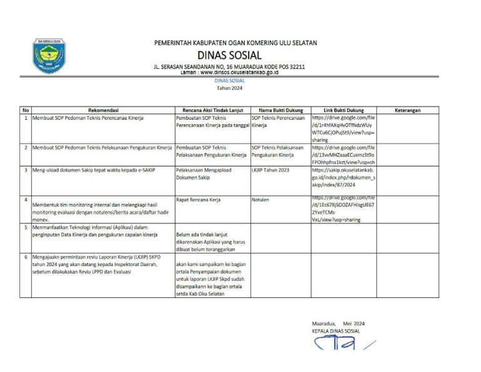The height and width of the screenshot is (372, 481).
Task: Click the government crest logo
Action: tap(49, 56)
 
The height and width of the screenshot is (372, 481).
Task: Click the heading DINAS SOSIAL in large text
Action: tap(229, 55)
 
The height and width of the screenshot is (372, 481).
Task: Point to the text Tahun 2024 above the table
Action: tap(229, 90)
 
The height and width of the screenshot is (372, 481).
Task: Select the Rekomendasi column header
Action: tap(99, 110)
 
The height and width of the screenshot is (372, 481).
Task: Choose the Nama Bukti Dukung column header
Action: tap(280, 110)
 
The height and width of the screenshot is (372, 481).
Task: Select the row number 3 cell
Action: tap(25, 170)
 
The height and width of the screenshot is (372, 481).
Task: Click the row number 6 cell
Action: tap(25, 257)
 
